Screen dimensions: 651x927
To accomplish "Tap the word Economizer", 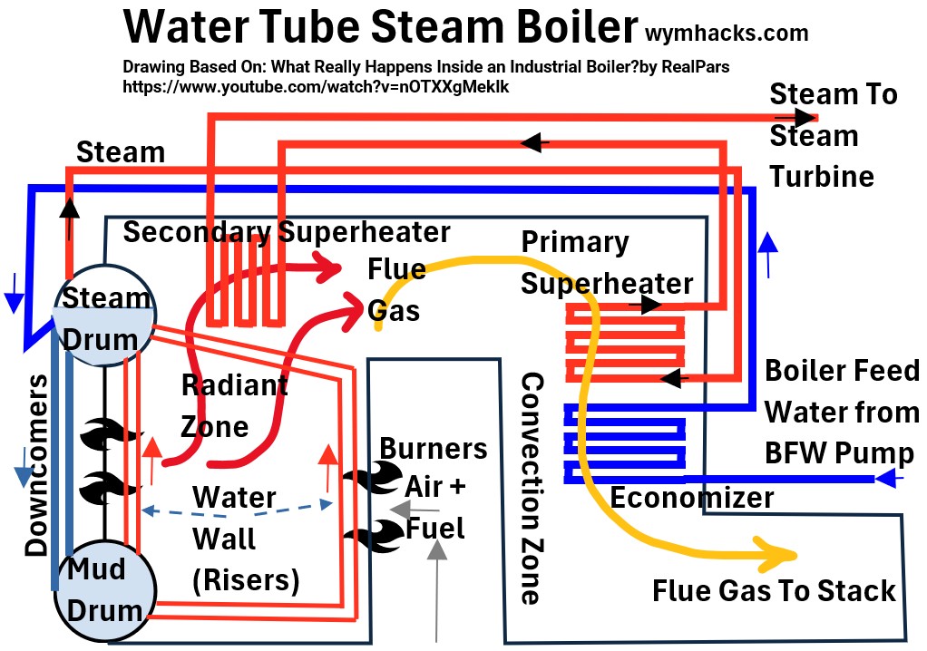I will tap(691, 498).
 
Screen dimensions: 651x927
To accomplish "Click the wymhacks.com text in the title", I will tap(726, 34).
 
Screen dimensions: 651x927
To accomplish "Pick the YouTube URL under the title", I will tap(321, 88).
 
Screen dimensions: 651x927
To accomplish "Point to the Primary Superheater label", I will tap(606, 263).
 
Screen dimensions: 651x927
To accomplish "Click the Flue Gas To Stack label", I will tap(774, 591).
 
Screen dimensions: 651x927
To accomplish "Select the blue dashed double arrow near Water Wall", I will tap(235, 510).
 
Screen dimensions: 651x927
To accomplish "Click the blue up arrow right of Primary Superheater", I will tap(767, 254).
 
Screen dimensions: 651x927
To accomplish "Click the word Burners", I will tap(433, 448).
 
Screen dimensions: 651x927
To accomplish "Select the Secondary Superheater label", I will tap(287, 232).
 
